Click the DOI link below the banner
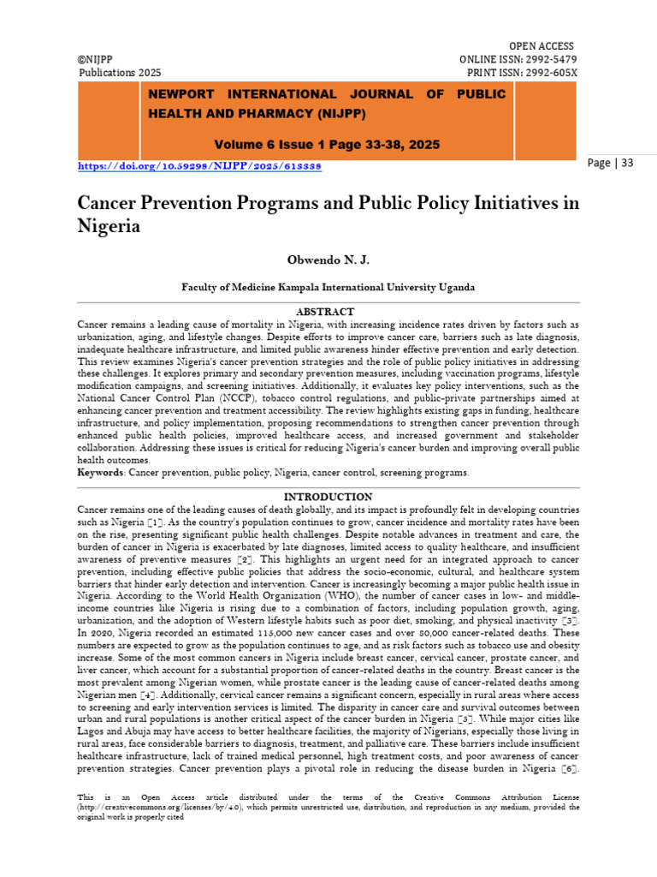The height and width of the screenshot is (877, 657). click(199, 165)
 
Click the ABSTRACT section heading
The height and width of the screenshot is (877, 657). click(324, 312)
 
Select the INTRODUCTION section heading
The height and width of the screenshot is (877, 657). click(328, 497)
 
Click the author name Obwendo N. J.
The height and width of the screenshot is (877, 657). click(328, 260)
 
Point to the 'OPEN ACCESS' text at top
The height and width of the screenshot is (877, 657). click(542, 45)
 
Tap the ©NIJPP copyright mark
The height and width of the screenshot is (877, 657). click(98, 59)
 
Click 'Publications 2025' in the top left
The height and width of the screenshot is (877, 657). click(120, 73)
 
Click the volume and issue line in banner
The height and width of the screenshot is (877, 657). click(328, 145)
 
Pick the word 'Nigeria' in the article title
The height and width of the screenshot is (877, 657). click(109, 227)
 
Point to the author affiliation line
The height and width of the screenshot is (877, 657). click(328, 288)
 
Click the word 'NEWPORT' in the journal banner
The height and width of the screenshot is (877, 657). click(182, 95)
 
